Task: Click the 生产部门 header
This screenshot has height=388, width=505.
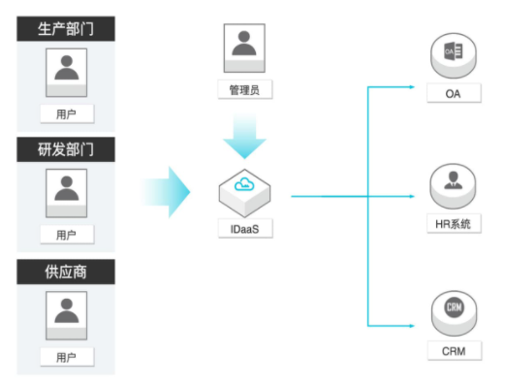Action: tap(66, 29)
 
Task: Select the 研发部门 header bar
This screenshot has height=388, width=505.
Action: tap(66, 149)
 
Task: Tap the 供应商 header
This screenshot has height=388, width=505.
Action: tap(66, 272)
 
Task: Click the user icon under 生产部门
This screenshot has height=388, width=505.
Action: tap(67, 73)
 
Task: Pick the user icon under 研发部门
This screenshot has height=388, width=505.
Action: tap(67, 193)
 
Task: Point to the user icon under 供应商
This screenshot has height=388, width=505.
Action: tap(67, 315)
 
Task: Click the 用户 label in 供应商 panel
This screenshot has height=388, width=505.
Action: tap(67, 357)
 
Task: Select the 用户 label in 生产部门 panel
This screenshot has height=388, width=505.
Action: tap(67, 113)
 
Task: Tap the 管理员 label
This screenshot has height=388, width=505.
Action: tap(245, 89)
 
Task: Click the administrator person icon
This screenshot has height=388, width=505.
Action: tap(244, 48)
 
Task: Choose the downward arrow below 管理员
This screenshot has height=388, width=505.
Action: tap(244, 136)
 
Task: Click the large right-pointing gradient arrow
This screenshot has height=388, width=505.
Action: tap(166, 192)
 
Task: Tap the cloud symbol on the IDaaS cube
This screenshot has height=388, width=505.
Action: tap(244, 184)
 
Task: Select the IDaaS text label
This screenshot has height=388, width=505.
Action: tap(245, 229)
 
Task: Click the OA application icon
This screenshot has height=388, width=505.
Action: tap(454, 55)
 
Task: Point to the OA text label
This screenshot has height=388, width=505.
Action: tap(454, 93)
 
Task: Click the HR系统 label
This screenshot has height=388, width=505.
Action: tap(454, 224)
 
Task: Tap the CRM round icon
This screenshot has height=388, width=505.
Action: tap(454, 313)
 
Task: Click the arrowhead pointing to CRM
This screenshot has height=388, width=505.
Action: tap(412, 326)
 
